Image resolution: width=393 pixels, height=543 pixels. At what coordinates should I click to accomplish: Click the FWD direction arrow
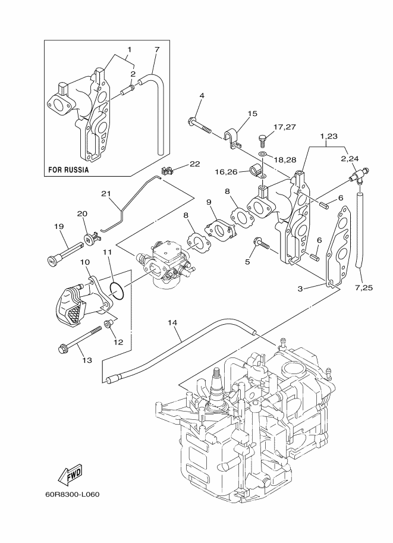coord(70,474)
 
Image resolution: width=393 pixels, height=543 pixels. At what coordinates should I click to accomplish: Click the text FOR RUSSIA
coord(68,170)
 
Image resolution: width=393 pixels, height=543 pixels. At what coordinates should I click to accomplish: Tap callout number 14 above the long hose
coord(172,323)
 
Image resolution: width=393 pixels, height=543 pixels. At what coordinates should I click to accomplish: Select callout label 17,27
coord(285,127)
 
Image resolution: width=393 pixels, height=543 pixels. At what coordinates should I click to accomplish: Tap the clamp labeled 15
coord(232,139)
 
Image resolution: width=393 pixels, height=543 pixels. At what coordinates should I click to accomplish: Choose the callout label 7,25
coord(363,287)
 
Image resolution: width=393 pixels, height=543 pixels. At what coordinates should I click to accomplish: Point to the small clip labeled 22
coord(167,170)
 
